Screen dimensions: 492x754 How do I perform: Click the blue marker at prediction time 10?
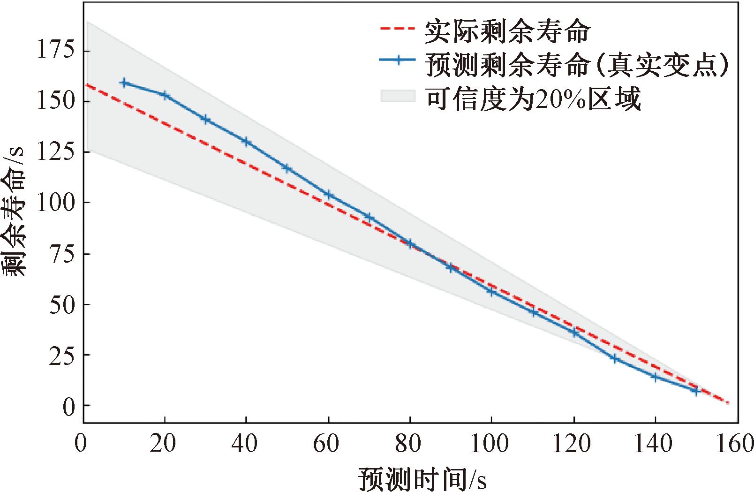pos(124,83)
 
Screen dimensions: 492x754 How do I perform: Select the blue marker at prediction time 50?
pos(287,168)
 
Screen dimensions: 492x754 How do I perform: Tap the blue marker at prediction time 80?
pos(410,243)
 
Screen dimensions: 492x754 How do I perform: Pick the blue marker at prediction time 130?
pos(615,358)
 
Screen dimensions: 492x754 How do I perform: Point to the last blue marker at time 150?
pos(696,390)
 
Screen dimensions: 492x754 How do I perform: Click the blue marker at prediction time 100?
pos(491,291)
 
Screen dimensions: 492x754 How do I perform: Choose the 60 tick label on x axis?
pos(328,443)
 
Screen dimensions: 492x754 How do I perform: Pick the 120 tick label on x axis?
pos(573,443)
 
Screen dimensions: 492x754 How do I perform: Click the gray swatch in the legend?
pos(398,96)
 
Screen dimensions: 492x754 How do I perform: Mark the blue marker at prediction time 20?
pos(165,96)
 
